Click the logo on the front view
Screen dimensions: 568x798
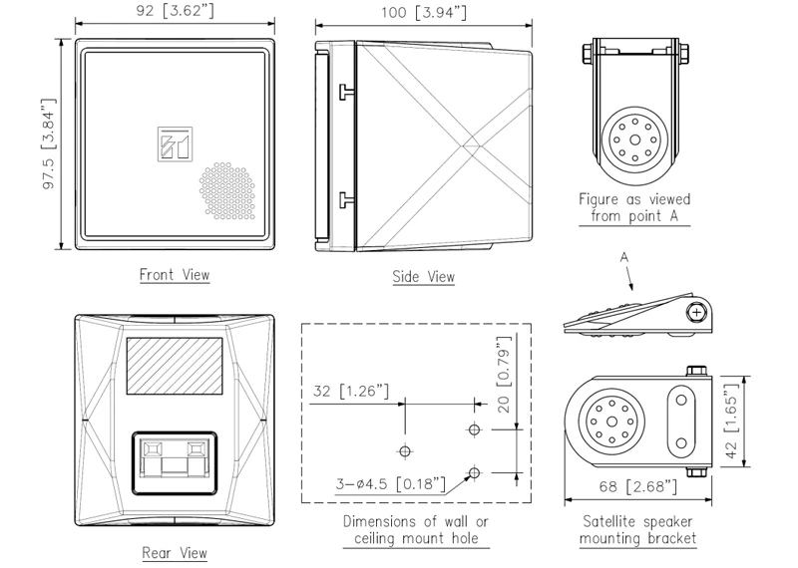175,142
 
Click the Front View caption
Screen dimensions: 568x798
175,274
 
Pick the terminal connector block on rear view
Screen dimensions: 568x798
175,460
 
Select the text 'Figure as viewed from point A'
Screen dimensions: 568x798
635,208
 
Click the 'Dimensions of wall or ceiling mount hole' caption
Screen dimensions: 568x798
417,530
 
